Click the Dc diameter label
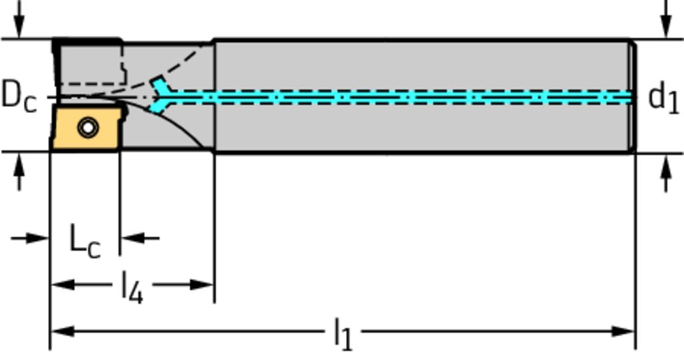tap(19, 97)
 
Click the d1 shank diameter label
tap(663, 98)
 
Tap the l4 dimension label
tap(132, 288)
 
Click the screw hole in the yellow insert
tap(87, 127)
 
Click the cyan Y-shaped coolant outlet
tap(160, 96)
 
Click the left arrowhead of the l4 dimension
tap(61, 285)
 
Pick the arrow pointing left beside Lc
tap(130, 237)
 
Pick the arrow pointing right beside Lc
tap(40, 237)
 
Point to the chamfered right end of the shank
tap(633, 96)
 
